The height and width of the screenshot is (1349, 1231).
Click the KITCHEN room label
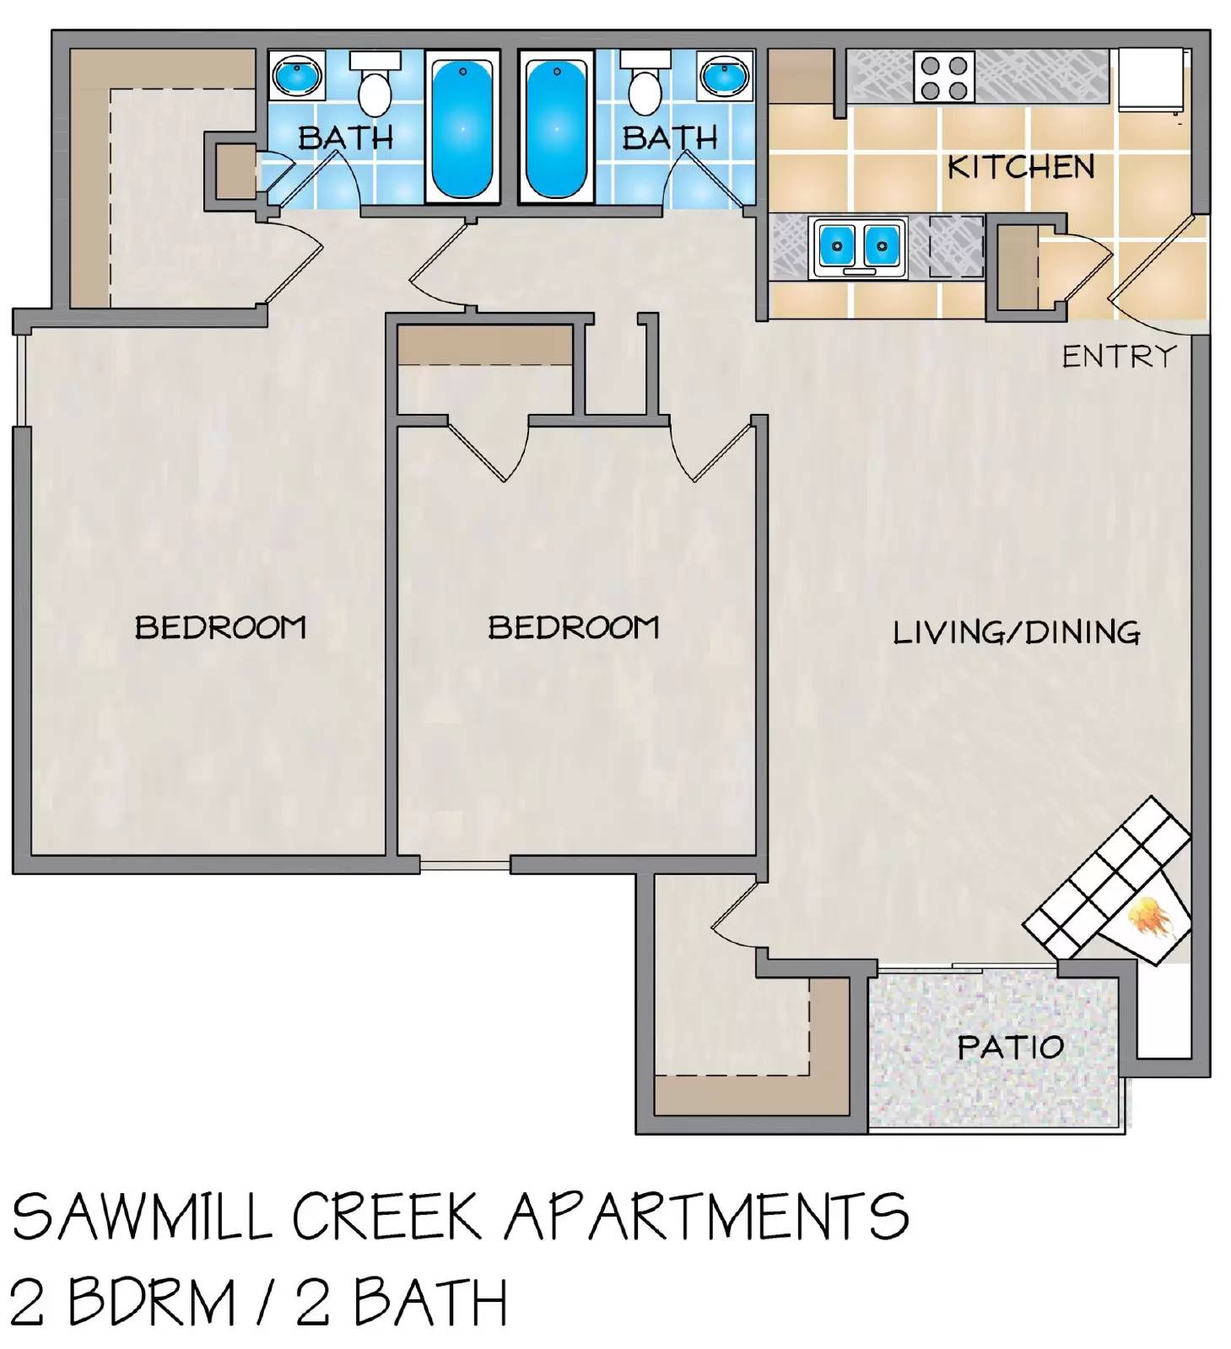click(1020, 167)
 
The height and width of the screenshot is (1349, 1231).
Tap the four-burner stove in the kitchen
click(944, 78)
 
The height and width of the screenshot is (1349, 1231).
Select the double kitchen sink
click(859, 247)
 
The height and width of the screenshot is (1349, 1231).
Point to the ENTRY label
click(1118, 357)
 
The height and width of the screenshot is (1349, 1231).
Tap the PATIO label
click(1010, 1047)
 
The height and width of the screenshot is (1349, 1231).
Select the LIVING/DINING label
click(1016, 632)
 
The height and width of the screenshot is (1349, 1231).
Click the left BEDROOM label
click(220, 627)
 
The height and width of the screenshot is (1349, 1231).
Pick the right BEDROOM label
click(573, 627)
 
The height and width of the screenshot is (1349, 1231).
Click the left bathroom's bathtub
click(462, 126)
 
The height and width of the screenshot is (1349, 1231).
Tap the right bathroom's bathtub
click(556, 126)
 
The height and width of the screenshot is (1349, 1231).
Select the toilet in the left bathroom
click(375, 87)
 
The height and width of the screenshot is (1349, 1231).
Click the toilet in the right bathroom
click(645, 87)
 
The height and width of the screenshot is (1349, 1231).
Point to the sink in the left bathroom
click(297, 77)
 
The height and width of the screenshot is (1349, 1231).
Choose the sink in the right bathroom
click(725, 77)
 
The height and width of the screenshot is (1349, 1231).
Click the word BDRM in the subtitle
click(151, 1303)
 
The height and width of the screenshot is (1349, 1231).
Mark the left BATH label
click(345, 137)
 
